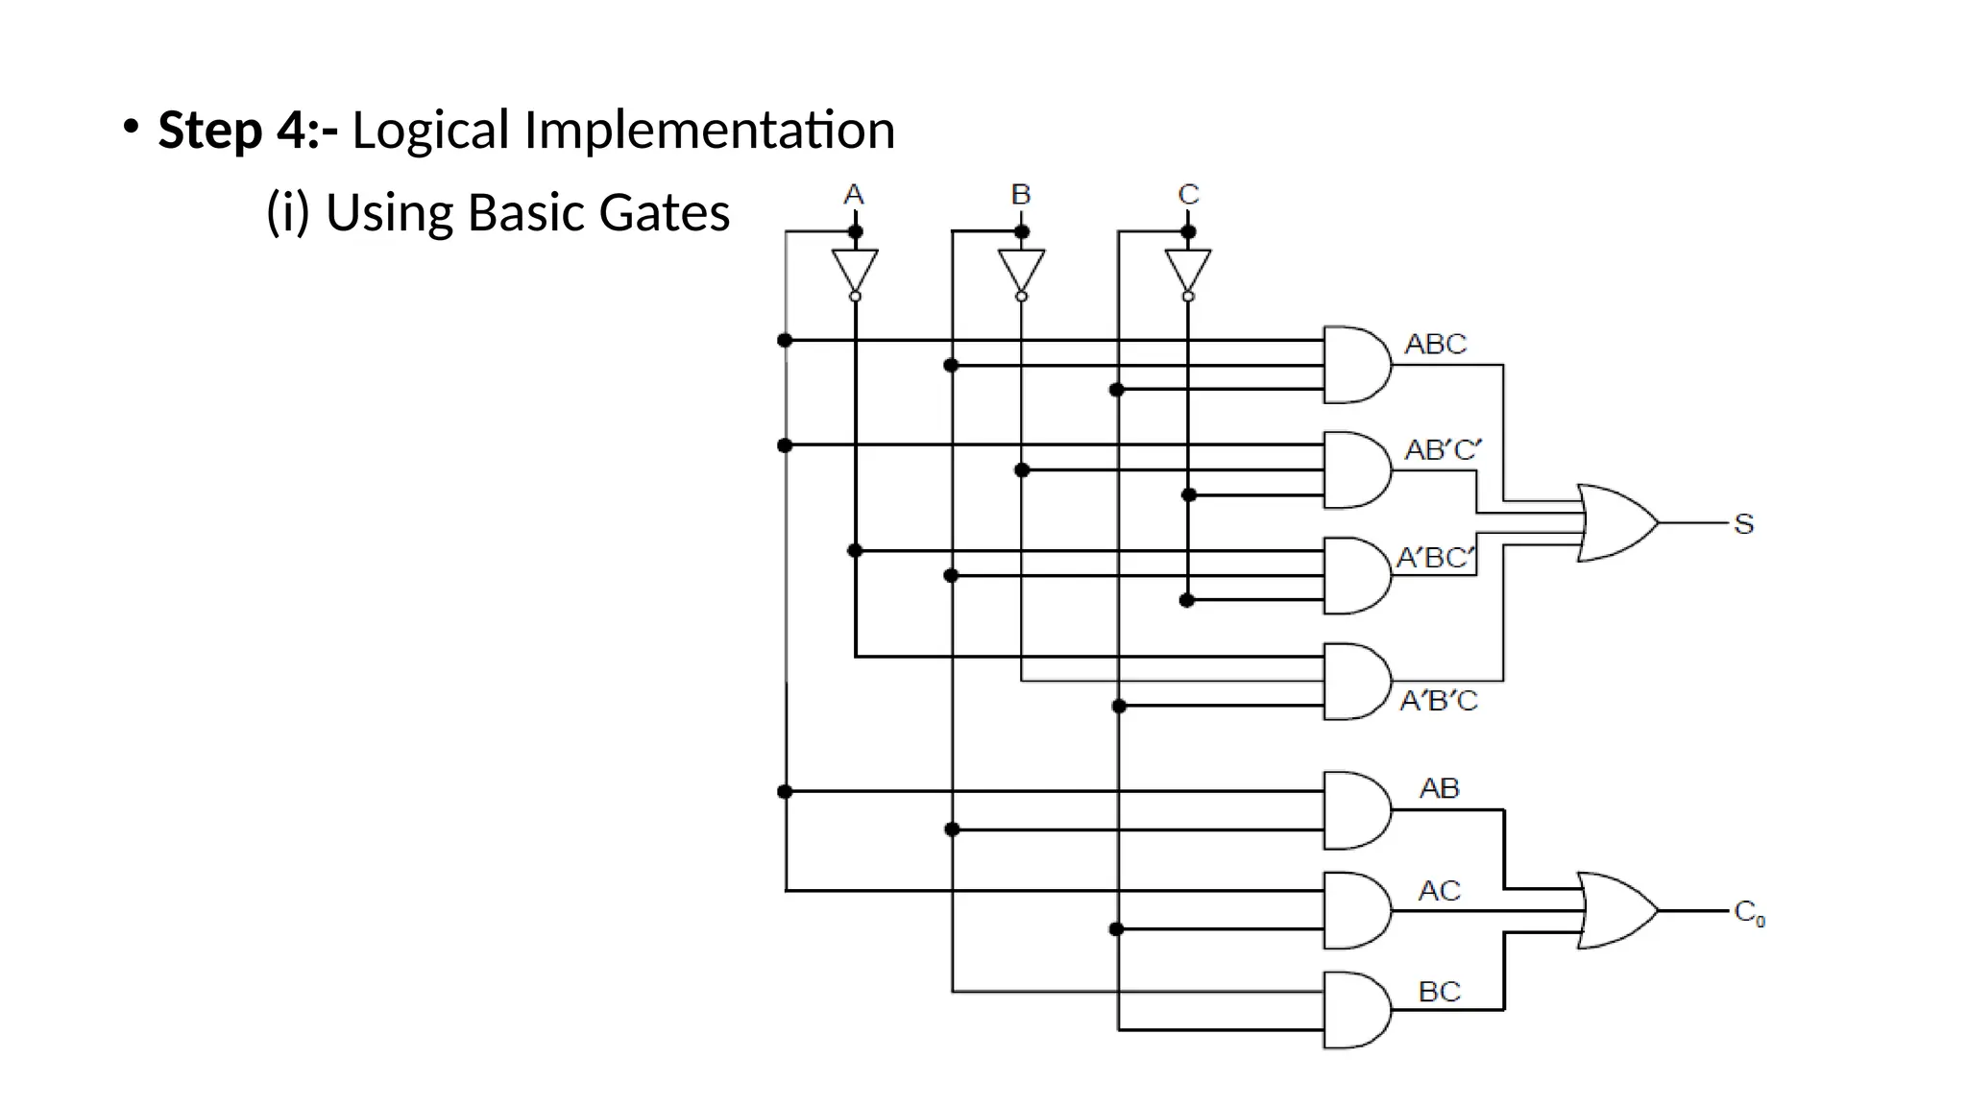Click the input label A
[x=854, y=195]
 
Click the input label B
[x=1021, y=195]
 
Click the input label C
[x=1188, y=195]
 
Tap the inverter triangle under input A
[x=855, y=270]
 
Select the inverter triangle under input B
[x=1021, y=270]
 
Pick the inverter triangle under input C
[x=1188, y=270]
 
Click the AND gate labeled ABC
[x=1354, y=365]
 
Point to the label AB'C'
[x=1443, y=449]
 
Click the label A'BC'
[x=1435, y=557]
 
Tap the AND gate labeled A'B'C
[x=1354, y=682]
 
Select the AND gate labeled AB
[x=1354, y=810]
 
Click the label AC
[x=1439, y=891]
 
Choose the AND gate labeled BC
[x=1354, y=1010]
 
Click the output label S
[x=1744, y=524]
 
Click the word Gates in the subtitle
[x=664, y=212]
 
